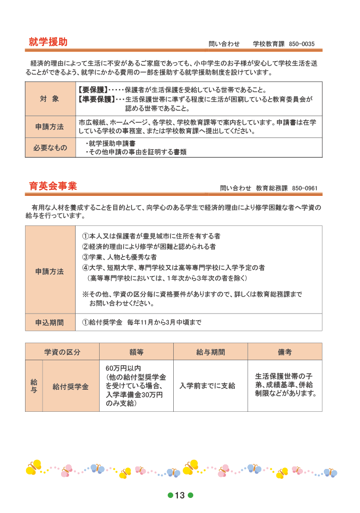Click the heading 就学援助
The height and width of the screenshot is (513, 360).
point(48,42)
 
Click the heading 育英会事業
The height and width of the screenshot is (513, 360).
point(53,186)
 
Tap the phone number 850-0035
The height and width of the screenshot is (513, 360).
point(302,44)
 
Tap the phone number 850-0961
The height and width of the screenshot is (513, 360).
point(304,188)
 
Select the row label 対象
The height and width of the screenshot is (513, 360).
point(50,99)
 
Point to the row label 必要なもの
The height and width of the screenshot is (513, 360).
point(50,148)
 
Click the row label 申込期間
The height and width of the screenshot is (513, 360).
point(50,323)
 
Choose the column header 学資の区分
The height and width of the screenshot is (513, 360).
point(62,352)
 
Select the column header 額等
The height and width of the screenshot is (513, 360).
point(136,352)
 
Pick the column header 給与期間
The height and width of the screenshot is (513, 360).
point(210,352)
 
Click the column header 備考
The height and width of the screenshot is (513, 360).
point(284,352)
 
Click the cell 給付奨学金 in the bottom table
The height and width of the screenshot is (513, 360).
point(71,387)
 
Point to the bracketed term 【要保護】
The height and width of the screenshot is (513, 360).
point(94,90)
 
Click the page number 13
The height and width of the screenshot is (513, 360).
point(180,495)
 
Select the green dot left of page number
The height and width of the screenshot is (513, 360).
point(170,495)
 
